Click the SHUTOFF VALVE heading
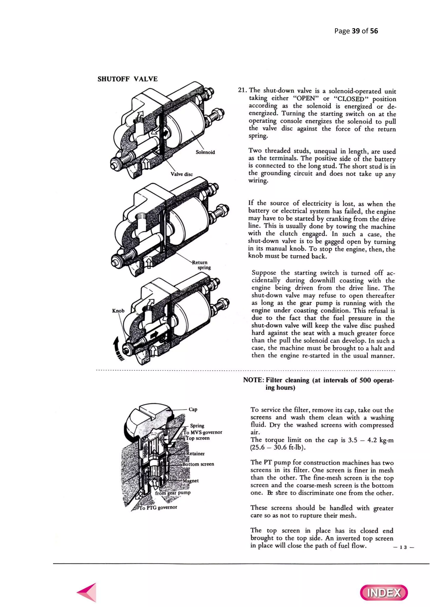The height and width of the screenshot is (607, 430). pos(128,79)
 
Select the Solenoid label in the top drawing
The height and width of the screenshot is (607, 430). pos(205,152)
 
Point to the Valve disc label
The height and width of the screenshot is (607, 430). pos(181,174)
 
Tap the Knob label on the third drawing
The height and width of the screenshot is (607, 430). pos(118,311)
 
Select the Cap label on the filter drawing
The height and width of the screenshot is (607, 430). pos(193,409)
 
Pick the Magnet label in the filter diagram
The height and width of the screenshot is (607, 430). pos(191,481)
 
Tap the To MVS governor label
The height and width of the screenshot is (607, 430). pos(203,432)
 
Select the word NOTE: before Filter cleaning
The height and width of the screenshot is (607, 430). pos(253,380)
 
